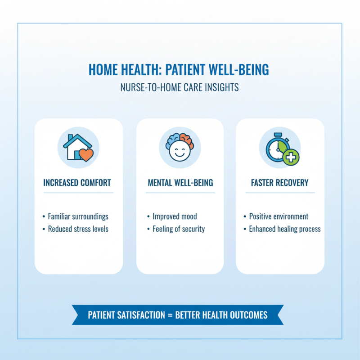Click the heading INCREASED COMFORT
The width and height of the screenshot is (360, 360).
[77, 183]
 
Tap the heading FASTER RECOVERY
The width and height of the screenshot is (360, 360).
[279, 183]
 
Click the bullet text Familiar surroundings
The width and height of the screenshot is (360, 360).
[78, 216]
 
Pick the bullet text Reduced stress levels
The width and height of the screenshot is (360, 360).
[78, 229]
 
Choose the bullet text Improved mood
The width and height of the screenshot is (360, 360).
[175, 216]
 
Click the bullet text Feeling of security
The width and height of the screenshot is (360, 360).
[179, 229]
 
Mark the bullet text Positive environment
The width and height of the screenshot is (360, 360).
[279, 216]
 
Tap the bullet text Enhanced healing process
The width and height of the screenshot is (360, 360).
[285, 229]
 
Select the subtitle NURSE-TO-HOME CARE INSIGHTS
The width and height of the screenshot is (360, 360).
[180, 87]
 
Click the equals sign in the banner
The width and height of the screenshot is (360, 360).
[170, 315]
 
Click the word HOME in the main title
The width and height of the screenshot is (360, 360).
[104, 70]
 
